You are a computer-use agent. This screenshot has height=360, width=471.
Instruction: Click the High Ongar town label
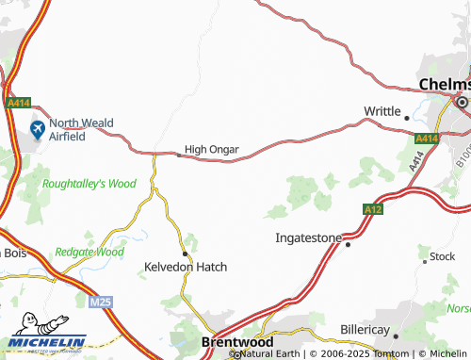(x=212, y=149)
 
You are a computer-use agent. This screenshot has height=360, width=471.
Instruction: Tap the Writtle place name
(x=382, y=111)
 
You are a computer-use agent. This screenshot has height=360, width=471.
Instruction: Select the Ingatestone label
(x=308, y=237)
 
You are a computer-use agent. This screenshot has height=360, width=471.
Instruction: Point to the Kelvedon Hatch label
(x=186, y=267)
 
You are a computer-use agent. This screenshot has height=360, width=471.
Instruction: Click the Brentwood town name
(x=237, y=342)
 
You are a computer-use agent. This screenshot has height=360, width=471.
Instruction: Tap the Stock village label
(x=442, y=256)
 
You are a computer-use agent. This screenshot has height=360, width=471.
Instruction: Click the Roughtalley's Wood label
(x=90, y=183)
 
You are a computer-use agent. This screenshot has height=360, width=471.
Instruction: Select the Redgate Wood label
(x=90, y=252)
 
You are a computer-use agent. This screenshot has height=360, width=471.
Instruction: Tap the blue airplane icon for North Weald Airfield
(x=38, y=129)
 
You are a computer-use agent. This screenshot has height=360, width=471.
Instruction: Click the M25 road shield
(x=102, y=302)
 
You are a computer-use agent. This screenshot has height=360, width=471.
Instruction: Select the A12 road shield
(x=372, y=209)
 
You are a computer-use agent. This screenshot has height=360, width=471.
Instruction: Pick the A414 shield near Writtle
(x=427, y=139)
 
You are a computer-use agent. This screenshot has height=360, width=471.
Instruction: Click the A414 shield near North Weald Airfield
(x=17, y=103)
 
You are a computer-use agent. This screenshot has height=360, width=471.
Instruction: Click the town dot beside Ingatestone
(x=348, y=244)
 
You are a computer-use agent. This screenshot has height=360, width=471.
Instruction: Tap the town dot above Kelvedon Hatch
(x=186, y=254)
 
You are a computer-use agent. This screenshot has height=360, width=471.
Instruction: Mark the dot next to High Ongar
(x=179, y=154)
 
